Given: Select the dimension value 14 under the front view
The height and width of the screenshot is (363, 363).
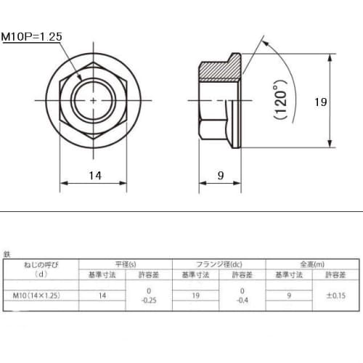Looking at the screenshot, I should click(x=95, y=175).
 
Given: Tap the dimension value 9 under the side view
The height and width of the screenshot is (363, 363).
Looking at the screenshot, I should click(x=220, y=175).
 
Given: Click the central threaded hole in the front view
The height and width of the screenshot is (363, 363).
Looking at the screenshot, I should click(x=94, y=99).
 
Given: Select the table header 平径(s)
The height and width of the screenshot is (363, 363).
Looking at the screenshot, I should click(x=125, y=264).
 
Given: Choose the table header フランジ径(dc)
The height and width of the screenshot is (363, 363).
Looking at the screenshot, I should click(x=219, y=264).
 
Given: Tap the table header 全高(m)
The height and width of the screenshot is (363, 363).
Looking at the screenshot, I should click(x=312, y=264).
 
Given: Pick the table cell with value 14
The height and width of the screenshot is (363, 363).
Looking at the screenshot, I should click(x=102, y=295).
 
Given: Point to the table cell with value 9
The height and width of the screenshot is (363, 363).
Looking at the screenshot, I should click(x=289, y=295).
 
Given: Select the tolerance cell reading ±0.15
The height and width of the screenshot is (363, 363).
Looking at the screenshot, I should click(x=336, y=295).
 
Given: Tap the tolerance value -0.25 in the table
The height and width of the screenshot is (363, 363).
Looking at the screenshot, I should click(x=149, y=300).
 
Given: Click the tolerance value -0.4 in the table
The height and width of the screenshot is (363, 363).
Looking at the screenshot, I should click(x=242, y=300).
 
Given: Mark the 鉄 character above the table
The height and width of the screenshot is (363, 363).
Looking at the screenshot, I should click(x=7, y=255).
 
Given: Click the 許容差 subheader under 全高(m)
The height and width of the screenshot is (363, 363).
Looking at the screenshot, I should click(x=336, y=275).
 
